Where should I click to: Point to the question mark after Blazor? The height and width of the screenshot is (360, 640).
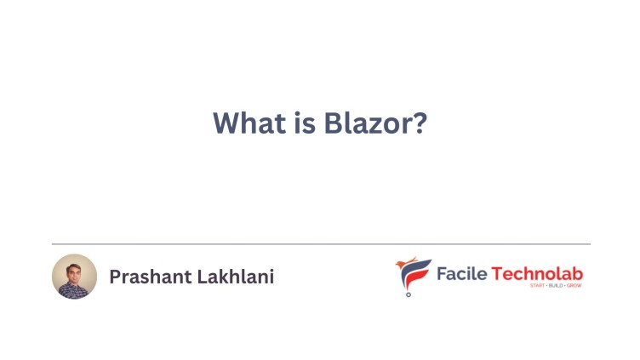(419, 123)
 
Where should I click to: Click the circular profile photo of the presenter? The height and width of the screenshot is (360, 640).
(74, 276)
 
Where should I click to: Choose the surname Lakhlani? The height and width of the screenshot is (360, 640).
(237, 277)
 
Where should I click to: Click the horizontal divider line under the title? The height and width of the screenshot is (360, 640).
(320, 244)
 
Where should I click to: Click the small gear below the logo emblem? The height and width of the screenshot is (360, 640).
(408, 294)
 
